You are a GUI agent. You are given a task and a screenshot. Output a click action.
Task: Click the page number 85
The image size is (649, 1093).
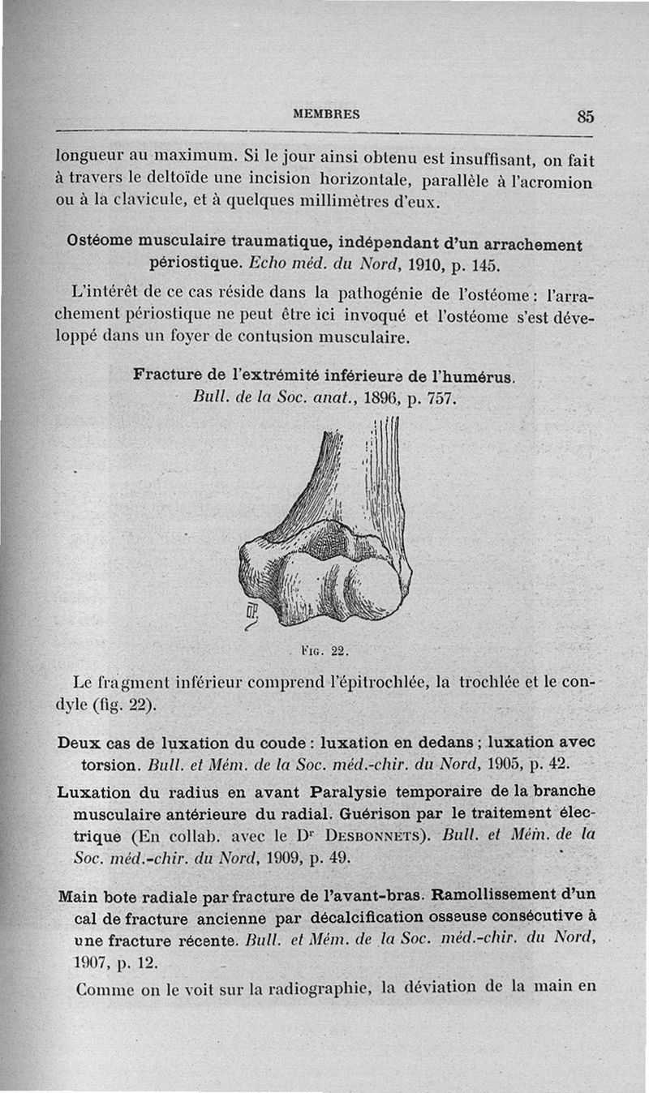[x=586, y=116]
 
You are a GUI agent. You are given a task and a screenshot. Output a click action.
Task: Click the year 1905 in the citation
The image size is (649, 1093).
[x=505, y=764]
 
